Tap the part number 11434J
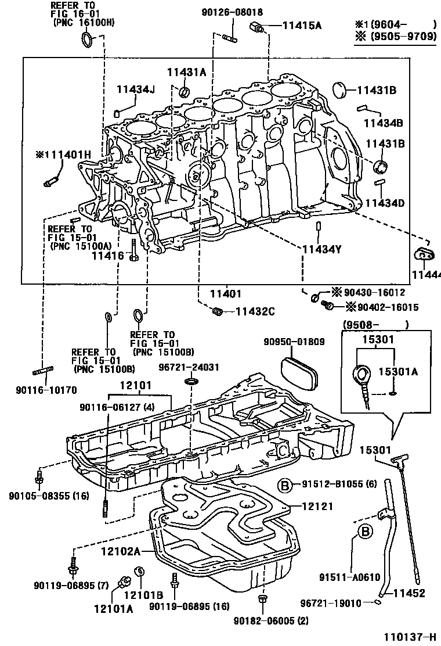(x=136, y=88)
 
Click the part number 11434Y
(x=321, y=249)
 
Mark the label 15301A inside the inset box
(x=398, y=372)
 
